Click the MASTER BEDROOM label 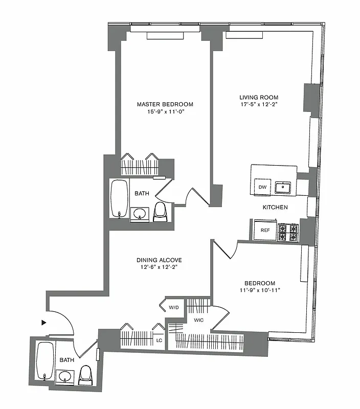click(165, 104)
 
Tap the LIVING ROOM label click(259, 97)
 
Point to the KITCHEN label click(275, 208)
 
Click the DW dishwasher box click(262, 187)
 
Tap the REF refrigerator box click(265, 230)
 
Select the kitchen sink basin click(283, 188)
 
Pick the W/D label click(173, 308)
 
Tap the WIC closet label click(198, 321)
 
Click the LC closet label click(159, 340)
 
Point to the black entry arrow click(44, 323)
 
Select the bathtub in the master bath click(119, 199)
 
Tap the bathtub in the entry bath click(44, 361)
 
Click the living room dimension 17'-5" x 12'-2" click(259, 105)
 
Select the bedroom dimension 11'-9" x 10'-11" click(259, 291)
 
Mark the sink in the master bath click(139, 213)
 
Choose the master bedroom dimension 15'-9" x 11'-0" click(165, 112)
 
